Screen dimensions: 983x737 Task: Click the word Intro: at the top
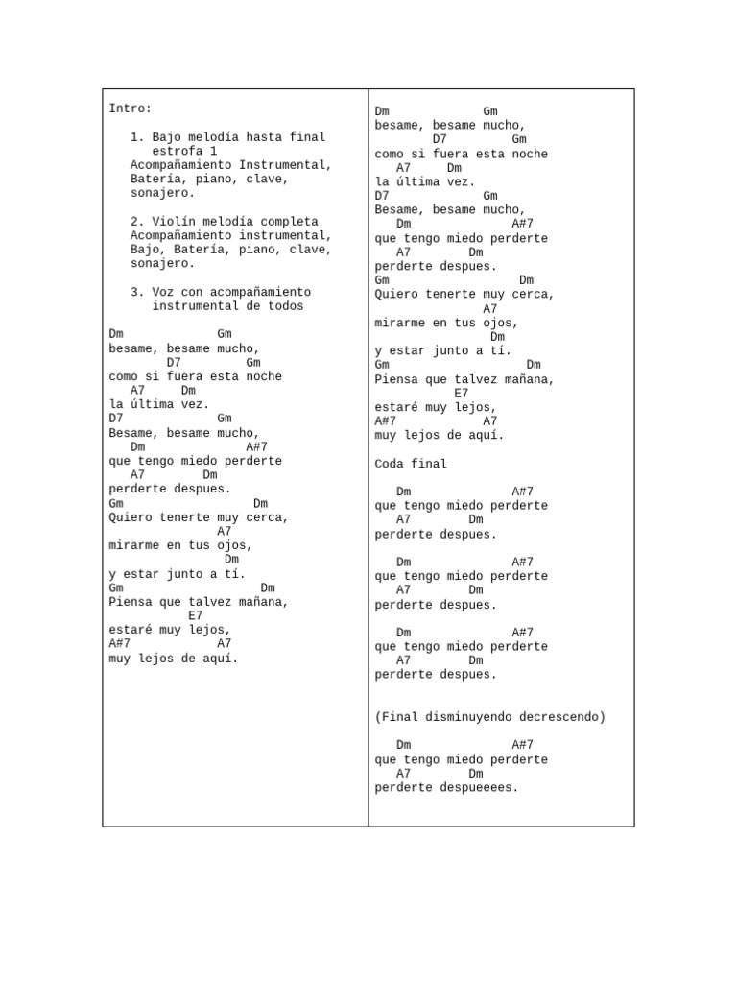tap(131, 108)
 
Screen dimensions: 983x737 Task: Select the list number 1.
tap(137, 137)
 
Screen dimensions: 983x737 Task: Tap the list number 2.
tap(137, 222)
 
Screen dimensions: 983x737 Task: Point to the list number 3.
tap(137, 292)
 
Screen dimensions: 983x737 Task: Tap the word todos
tap(285, 306)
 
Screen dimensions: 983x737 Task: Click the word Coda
tap(390, 464)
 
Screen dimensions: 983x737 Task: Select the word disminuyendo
tap(468, 717)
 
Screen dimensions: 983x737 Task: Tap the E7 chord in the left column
tap(196, 615)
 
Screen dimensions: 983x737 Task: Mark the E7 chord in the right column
tap(462, 393)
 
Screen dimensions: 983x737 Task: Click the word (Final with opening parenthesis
tap(396, 717)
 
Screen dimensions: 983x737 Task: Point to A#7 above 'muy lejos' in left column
tap(120, 643)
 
